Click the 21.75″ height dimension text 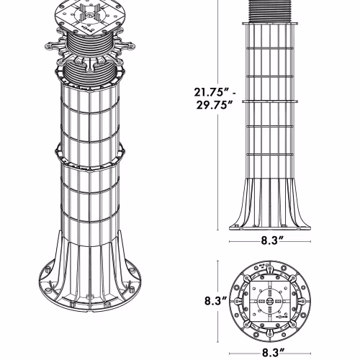[212, 92]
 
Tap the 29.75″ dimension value [215, 105]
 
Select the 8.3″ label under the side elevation [272, 240]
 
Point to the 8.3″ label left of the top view [216, 301]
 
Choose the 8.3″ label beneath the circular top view [273, 353]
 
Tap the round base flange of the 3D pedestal [90, 288]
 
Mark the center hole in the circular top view [270, 301]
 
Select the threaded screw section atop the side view [270, 12]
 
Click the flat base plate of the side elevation [270, 228]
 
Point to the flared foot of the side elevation [270, 203]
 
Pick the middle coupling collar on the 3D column [90, 157]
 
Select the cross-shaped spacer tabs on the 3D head [90, 12]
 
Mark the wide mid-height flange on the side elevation [270, 102]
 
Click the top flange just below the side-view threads [270, 24]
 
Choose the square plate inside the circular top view [270, 301]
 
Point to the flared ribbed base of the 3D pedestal [90, 266]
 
